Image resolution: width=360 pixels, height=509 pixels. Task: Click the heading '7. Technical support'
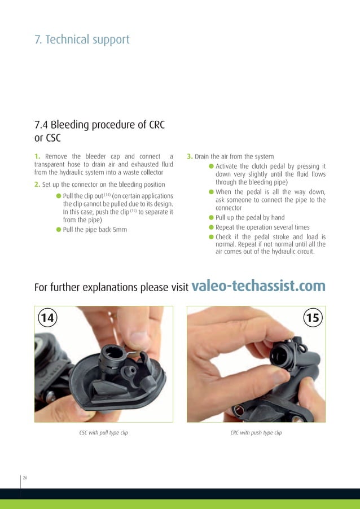[x=82, y=40]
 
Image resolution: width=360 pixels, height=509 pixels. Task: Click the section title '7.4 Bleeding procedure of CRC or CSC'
[x=99, y=130]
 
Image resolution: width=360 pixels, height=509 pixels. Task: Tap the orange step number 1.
[x=37, y=156]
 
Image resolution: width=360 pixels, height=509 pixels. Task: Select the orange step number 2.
[x=37, y=185]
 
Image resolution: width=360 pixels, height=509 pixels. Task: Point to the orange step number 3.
[x=190, y=156]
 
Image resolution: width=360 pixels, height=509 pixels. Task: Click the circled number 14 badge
[x=48, y=318]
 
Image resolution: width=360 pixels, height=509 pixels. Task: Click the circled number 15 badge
[x=313, y=318]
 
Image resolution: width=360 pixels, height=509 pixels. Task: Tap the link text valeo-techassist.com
[x=258, y=286]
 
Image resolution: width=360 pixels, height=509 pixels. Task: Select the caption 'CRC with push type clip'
[x=256, y=433]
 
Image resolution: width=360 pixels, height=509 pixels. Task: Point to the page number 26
[x=25, y=478]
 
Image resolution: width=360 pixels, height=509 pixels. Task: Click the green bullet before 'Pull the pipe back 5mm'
[x=59, y=230]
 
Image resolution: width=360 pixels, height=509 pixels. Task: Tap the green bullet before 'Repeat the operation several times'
[x=211, y=227]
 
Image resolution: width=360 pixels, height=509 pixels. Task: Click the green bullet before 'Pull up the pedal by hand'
[x=211, y=217]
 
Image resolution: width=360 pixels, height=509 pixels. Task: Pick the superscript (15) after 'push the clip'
[x=134, y=211]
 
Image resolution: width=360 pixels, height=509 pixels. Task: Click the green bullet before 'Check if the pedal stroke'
[x=211, y=237]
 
